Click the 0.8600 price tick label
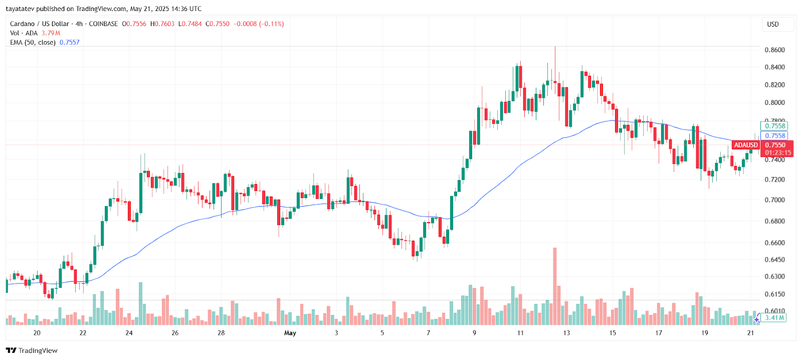click(x=774, y=50)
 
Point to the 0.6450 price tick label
click(x=774, y=260)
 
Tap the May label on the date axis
click(x=290, y=333)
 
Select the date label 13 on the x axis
click(x=566, y=333)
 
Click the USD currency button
click(x=773, y=24)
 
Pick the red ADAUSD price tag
click(x=745, y=145)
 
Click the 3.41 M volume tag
click(x=774, y=317)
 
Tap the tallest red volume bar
click(x=555, y=286)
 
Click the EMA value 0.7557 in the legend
click(x=70, y=43)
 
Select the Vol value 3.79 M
click(x=51, y=33)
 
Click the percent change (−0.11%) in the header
click(x=271, y=24)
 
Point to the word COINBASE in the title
click(x=103, y=24)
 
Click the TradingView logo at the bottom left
click(x=32, y=350)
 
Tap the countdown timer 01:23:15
click(x=777, y=153)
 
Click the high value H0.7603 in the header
click(x=162, y=24)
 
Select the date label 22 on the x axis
click(x=83, y=333)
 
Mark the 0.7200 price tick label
click(x=774, y=179)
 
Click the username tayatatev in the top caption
click(x=20, y=9)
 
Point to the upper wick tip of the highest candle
click(x=555, y=47)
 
